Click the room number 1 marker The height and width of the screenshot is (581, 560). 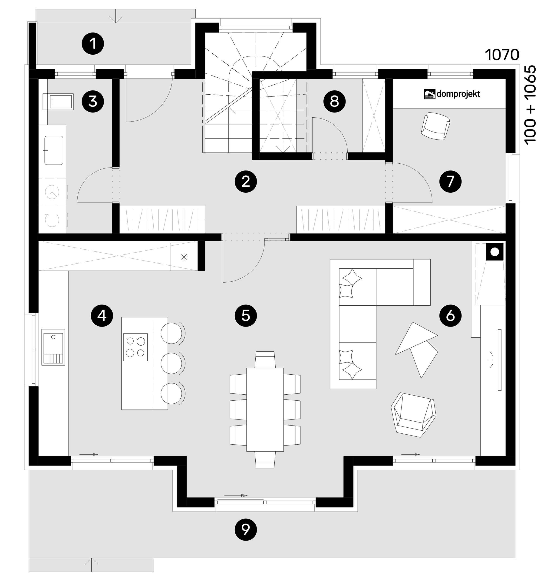pyautogui.click(x=93, y=44)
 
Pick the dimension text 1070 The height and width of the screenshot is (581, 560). pyautogui.click(x=502, y=55)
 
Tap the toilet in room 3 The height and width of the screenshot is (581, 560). pyautogui.click(x=58, y=102)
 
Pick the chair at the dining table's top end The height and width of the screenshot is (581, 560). pyautogui.click(x=265, y=359)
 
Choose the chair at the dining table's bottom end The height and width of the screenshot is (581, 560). pyautogui.click(x=265, y=460)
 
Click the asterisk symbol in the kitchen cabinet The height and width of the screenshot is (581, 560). pyautogui.click(x=184, y=257)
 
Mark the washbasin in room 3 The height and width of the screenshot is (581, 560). pyautogui.click(x=54, y=150)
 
